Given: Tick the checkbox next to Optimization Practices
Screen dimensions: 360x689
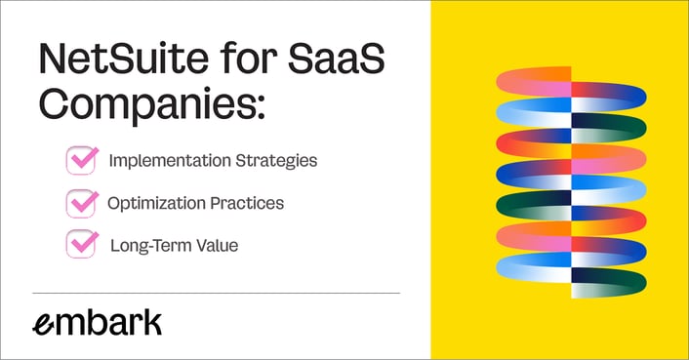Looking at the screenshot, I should pyautogui.click(x=81, y=203).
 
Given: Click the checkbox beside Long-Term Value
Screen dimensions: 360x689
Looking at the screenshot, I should pyautogui.click(x=81, y=244).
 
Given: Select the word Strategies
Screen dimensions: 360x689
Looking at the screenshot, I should pyautogui.click(x=276, y=161).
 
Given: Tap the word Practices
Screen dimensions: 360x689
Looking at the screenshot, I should pyautogui.click(x=251, y=203).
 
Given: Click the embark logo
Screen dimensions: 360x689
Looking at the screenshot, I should pyautogui.click(x=97, y=324).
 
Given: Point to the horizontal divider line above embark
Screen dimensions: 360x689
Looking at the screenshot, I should pyautogui.click(x=216, y=293).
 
